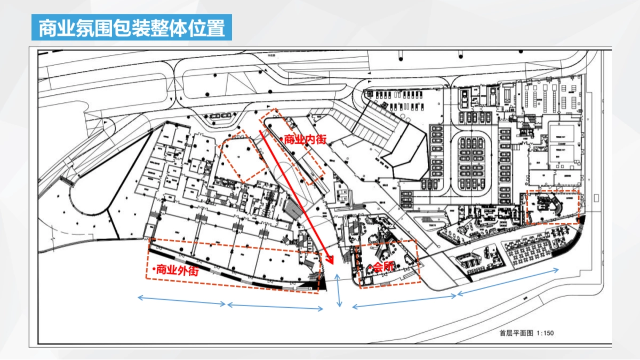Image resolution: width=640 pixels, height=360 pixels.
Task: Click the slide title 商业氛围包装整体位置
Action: pyautogui.click(x=132, y=27)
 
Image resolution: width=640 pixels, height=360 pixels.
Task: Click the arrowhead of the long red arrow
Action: pyautogui.click(x=330, y=261)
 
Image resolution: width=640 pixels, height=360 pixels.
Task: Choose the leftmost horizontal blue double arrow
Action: pyautogui.click(x=181, y=301)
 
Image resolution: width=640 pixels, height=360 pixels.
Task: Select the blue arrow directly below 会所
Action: pyautogui.click(x=404, y=300)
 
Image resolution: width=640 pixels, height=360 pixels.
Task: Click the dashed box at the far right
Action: pyautogui.click(x=553, y=207)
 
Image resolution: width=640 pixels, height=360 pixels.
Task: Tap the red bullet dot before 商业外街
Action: pyautogui.click(x=153, y=270)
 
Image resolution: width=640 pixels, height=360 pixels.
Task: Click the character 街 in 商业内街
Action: pyautogui.click(x=320, y=140)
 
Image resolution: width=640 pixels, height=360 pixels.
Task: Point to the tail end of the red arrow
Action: pyautogui.click(x=261, y=130)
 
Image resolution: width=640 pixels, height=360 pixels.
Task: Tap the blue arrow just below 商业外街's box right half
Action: pyautogui.click(x=275, y=307)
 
